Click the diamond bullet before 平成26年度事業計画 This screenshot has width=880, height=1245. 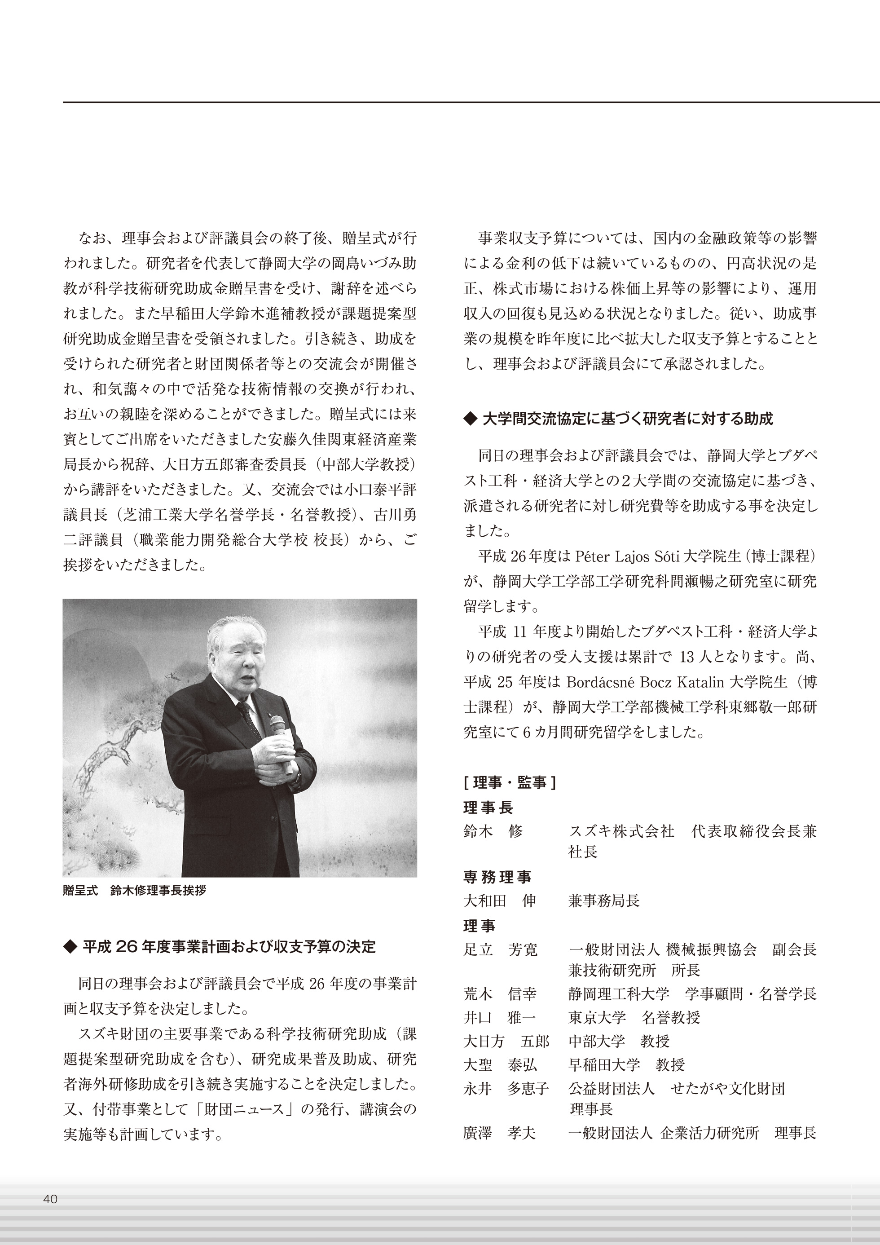(x=70, y=947)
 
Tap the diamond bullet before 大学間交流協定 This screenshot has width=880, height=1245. (x=470, y=419)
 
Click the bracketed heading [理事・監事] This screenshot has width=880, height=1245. (x=509, y=782)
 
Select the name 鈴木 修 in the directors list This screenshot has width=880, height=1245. (x=493, y=831)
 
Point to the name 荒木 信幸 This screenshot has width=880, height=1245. (x=500, y=994)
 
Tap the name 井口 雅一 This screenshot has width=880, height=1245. (x=500, y=1017)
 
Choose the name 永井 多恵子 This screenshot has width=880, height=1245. (x=506, y=1088)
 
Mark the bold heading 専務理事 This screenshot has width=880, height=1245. (x=497, y=877)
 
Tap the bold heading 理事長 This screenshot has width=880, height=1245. (x=488, y=808)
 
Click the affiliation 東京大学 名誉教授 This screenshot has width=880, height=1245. (x=634, y=1017)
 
